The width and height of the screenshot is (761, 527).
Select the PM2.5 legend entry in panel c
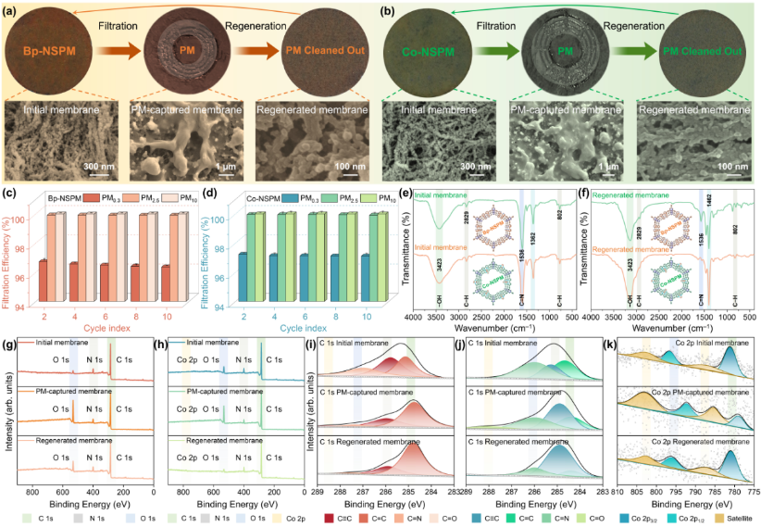[x=130, y=198]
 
